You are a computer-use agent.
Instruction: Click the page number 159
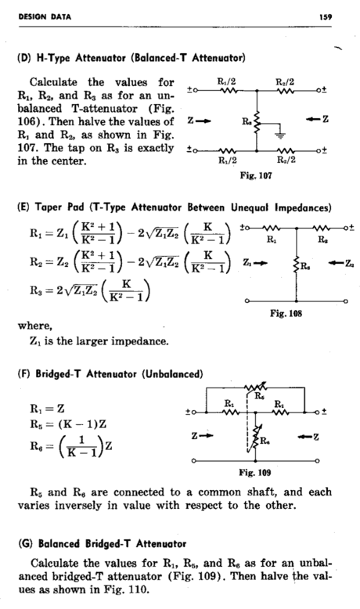pyautogui.click(x=326, y=16)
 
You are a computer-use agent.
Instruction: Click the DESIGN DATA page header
pyautogui.click(x=45, y=16)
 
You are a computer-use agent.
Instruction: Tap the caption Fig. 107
pyautogui.click(x=256, y=175)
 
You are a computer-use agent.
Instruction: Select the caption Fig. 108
pyautogui.click(x=286, y=313)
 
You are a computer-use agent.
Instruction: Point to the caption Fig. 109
pyautogui.click(x=255, y=472)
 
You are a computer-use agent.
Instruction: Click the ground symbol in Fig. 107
pyautogui.click(x=279, y=135)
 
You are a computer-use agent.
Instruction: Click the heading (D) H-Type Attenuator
pyautogui.click(x=131, y=58)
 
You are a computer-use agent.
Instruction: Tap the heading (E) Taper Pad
pyautogui.click(x=175, y=207)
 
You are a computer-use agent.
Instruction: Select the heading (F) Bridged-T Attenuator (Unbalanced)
pyautogui.click(x=110, y=374)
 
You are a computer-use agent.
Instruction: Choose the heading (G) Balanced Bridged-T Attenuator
pyautogui.click(x=103, y=543)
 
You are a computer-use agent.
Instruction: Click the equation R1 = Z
pyautogui.click(x=48, y=409)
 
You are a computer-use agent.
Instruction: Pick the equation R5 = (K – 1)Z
pyautogui.click(x=68, y=423)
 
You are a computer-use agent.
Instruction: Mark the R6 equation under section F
pyautogui.click(x=71, y=445)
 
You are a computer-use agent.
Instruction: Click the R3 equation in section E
pyautogui.click(x=91, y=290)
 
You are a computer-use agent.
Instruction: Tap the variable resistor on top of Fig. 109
pyautogui.click(x=256, y=387)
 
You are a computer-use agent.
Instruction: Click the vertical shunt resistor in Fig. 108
pyautogui.click(x=297, y=266)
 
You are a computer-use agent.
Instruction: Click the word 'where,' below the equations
pyautogui.click(x=34, y=326)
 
